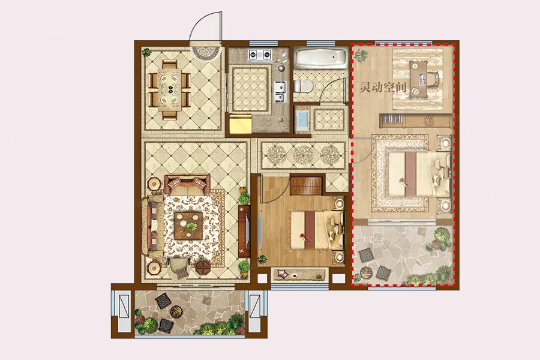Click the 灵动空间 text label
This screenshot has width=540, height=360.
coord(383,88)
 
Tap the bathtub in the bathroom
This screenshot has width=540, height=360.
coord(320,58)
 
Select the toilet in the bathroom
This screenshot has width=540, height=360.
coord(303,86)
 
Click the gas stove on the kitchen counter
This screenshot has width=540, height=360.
coord(260,54)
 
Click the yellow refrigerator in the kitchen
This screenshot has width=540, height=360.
coord(241,124)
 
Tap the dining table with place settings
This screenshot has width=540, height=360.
coord(170,89)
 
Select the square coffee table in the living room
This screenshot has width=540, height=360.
coord(188,226)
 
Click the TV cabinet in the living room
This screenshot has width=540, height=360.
coord(244,231)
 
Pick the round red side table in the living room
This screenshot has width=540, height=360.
coord(203,267)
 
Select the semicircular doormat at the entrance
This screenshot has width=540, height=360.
coord(206,53)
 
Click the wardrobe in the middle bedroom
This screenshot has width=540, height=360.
coord(307,185)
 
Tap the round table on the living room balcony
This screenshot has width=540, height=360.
coord(177,311)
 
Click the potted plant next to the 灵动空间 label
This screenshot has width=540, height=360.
coord(361,55)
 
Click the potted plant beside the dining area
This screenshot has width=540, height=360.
coord(147,52)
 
